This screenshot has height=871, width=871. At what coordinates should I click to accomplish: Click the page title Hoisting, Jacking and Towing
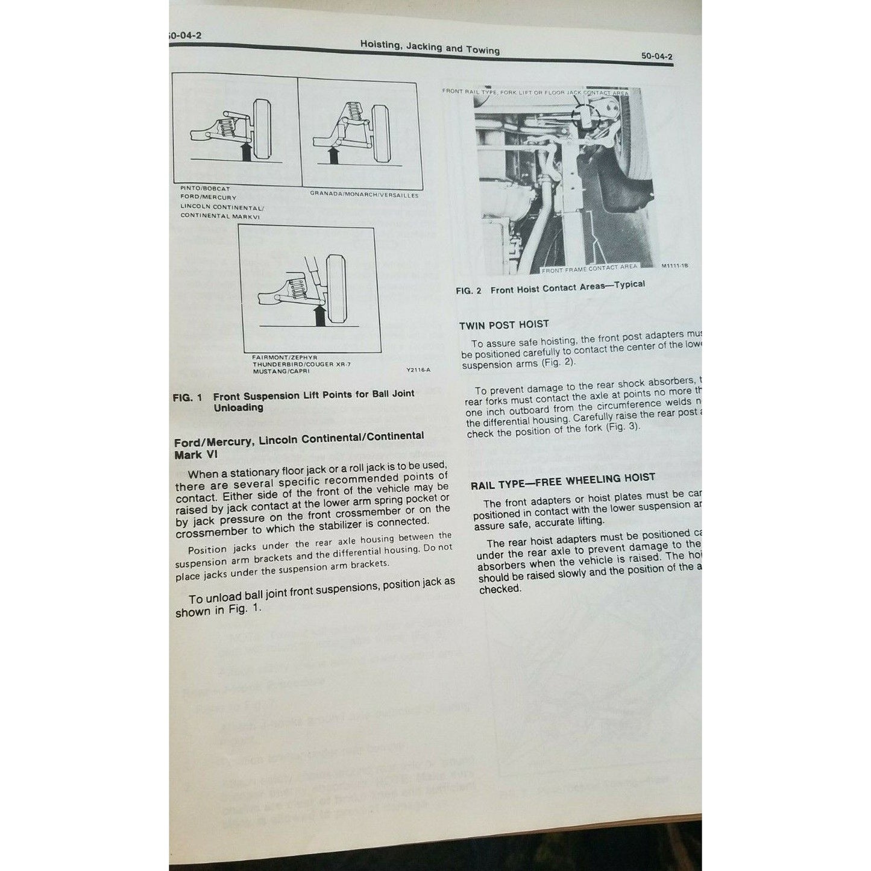pos(430,47)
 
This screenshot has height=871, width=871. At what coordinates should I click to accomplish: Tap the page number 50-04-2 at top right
pos(656,56)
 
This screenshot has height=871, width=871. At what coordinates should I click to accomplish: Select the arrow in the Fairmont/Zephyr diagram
pos(320,314)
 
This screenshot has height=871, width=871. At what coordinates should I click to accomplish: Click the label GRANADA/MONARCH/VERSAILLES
pos(363,195)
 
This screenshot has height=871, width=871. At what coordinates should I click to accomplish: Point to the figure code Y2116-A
pos(420,369)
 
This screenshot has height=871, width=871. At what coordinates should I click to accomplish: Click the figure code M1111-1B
pos(674,265)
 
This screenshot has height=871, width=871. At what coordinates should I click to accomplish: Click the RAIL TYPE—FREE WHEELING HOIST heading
pos(562,480)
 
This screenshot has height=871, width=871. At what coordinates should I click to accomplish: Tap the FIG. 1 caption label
pos(187,398)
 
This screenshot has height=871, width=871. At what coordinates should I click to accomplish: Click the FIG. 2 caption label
pos(468,291)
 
